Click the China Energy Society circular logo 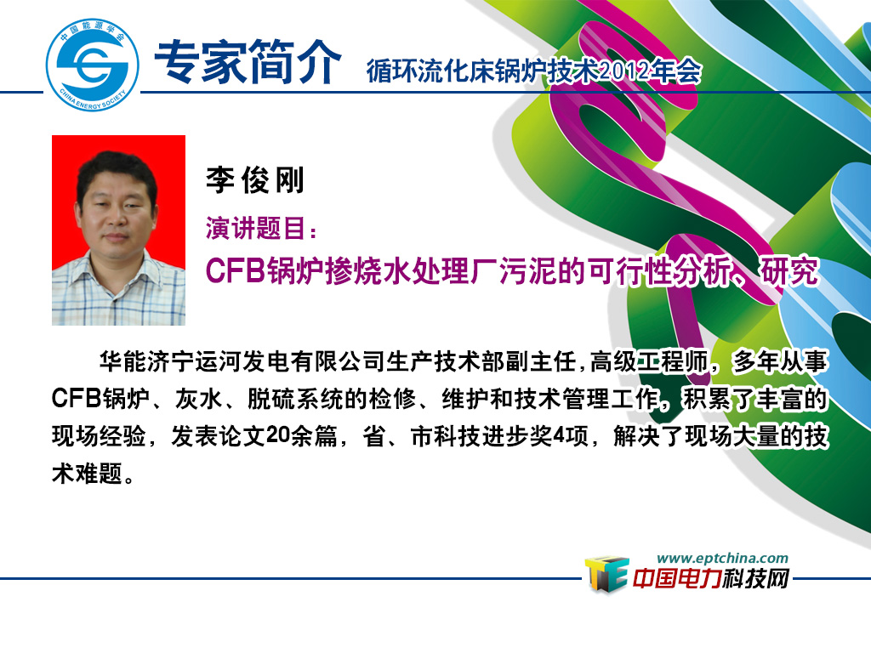coord(92,65)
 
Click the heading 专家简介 coord(248,62)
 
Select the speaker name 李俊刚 coord(255,180)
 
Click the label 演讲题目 coord(255,228)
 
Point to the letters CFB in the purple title coord(235,271)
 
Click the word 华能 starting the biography coord(122,361)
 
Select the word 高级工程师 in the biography coord(649,361)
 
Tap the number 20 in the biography coord(278,435)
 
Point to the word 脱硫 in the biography coord(271,399)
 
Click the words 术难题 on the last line coord(88,473)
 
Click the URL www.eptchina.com coord(722,558)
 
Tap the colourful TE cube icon coord(606,574)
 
